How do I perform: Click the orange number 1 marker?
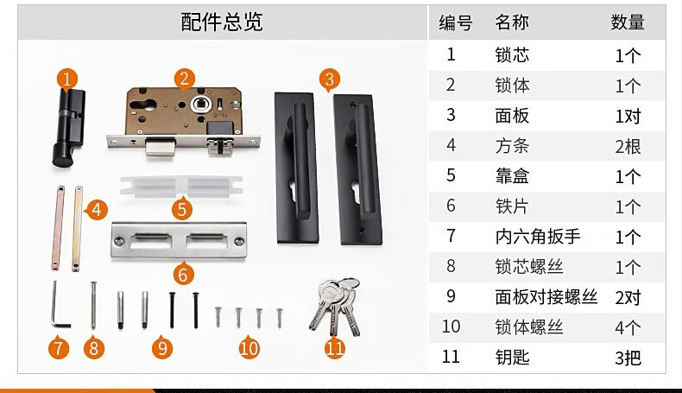67,79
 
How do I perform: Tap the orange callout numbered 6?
183,274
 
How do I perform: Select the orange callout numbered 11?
335,348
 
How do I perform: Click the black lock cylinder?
68,129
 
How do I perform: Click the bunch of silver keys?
335,306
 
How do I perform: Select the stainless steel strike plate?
179,240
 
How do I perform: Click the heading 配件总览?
221,22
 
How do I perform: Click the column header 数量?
628,22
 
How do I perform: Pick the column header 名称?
511,22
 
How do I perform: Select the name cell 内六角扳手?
538,237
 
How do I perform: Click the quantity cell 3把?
628,358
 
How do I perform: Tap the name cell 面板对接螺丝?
546,297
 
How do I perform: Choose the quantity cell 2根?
628,146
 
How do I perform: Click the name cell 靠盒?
512,176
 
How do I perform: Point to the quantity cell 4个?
628,327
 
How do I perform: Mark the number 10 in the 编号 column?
451,326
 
